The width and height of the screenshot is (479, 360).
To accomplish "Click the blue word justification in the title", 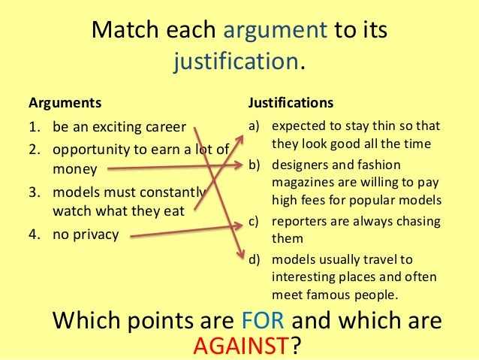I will pyautogui.click(x=236, y=62).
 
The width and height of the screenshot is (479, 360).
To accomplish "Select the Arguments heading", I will pyautogui.click(x=64, y=101).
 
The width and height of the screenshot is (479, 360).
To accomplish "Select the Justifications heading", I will pyautogui.click(x=291, y=101).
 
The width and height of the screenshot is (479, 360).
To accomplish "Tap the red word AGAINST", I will pyautogui.click(x=241, y=345).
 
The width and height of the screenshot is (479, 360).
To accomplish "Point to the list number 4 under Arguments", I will pyautogui.click(x=34, y=234).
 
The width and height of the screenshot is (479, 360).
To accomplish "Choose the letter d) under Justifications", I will pyautogui.click(x=255, y=259).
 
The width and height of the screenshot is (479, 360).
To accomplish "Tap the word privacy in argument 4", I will pyautogui.click(x=95, y=234).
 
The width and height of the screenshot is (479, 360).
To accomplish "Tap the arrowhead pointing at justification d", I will pyautogui.click(x=242, y=257).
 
